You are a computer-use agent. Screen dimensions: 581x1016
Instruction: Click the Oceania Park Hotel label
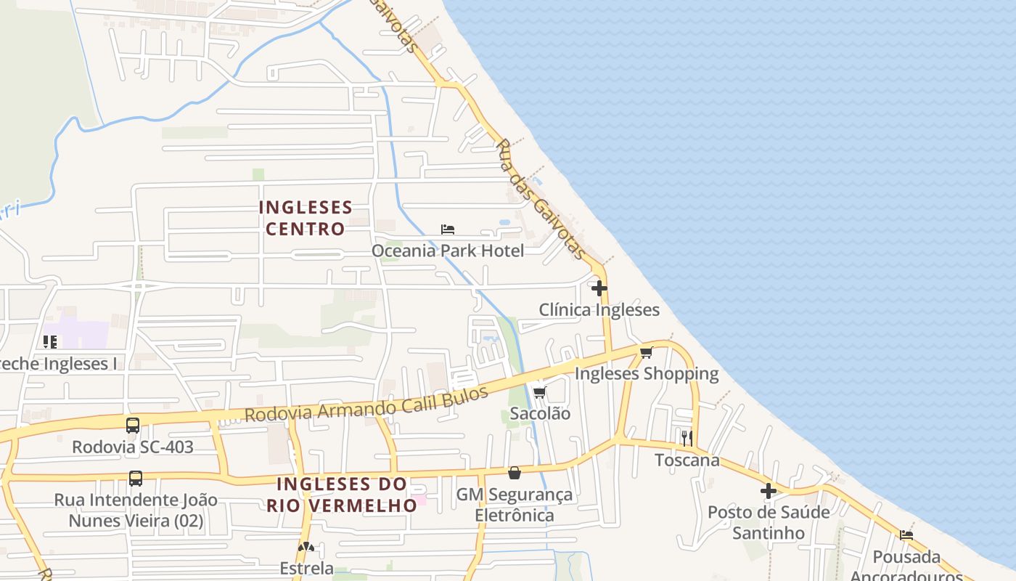coord(447,251)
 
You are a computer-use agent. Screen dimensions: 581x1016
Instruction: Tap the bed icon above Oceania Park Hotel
coord(448,229)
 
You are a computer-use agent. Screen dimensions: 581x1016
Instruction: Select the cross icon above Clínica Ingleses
coord(599,288)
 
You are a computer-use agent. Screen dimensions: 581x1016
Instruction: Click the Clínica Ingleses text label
coord(599,310)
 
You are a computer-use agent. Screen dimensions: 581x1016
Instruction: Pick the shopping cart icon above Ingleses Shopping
coord(646,353)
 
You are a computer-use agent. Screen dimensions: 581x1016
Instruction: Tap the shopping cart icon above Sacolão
coord(539,393)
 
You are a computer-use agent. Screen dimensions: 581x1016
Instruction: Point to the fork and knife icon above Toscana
coord(687,438)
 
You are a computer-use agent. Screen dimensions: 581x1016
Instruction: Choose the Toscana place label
coord(687,460)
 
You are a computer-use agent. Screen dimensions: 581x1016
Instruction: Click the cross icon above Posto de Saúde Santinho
coord(769,491)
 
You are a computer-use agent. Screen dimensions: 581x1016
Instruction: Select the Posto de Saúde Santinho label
coord(769,523)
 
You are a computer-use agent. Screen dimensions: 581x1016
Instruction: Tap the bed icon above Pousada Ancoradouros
coord(906,535)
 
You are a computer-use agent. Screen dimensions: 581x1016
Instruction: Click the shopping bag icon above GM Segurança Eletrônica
coord(515,474)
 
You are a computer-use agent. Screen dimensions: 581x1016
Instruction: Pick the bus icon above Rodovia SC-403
coord(133,426)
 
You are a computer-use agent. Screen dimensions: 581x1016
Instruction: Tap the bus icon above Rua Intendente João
coord(136,478)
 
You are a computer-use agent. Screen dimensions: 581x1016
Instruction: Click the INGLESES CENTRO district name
coord(306,219)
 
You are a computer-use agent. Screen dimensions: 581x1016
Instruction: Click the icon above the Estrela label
coord(306,548)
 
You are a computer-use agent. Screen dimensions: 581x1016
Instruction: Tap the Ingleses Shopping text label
coord(646,374)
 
